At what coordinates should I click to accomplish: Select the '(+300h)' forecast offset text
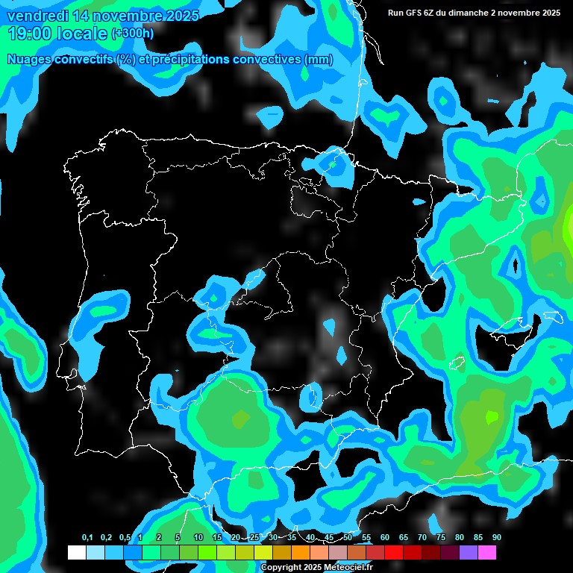tap(133, 34)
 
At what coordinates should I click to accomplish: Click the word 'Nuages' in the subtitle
tap(29, 60)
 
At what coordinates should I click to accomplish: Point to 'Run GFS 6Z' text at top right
tap(412, 13)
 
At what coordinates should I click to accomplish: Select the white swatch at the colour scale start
tap(76, 552)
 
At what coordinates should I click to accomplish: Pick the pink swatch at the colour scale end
tap(487, 552)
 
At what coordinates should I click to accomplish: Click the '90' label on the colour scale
tap(496, 537)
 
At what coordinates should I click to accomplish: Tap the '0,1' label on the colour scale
tap(87, 537)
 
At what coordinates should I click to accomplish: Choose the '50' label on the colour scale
tap(348, 537)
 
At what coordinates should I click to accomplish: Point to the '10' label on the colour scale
tap(198, 537)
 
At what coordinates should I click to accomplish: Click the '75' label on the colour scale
tap(440, 537)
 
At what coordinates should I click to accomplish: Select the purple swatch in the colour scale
tap(469, 552)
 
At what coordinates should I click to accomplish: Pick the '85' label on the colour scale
tap(477, 537)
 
